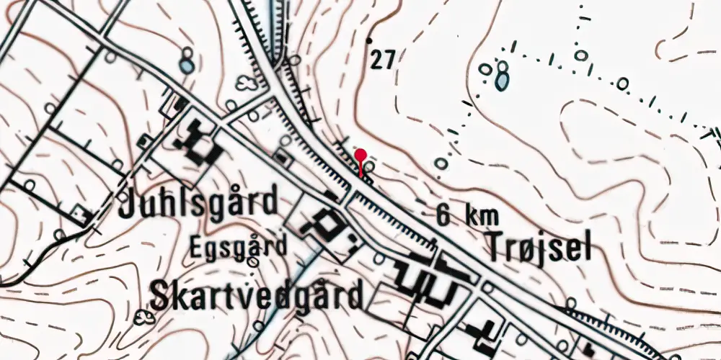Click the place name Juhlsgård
[x=198, y=203]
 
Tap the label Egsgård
[x=239, y=247]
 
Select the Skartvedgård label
[x=255, y=295]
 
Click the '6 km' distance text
[x=462, y=215]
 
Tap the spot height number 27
[x=383, y=60]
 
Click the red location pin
[x=361, y=156]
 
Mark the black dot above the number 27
[x=371, y=40]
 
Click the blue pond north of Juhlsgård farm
[x=187, y=66]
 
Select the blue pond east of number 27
[x=502, y=81]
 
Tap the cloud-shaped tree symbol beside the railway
[x=247, y=84]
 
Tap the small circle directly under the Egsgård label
[x=252, y=263]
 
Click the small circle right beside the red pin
[x=369, y=168]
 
